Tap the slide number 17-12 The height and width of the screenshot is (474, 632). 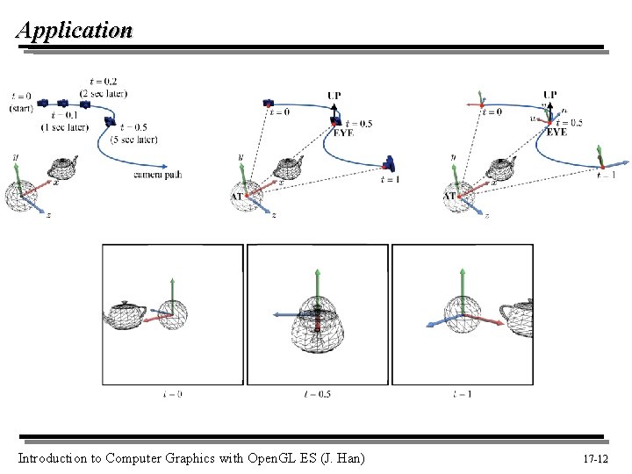pos(595,459)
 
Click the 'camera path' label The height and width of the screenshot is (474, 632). pos(158,176)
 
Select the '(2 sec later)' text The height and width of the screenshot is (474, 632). pos(104,94)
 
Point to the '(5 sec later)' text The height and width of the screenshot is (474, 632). pos(134,139)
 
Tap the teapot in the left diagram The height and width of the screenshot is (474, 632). pos(62,167)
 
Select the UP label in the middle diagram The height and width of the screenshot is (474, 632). pos(334,96)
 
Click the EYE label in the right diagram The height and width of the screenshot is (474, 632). pos(557,133)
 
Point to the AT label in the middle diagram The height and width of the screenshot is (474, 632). pos(237,197)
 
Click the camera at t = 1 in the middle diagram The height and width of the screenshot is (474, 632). pos(389,163)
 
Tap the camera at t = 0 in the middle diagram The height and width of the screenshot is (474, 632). pos(269,104)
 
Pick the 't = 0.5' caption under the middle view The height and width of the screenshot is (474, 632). pos(317,394)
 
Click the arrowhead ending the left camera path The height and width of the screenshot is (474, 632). pos(166,166)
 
